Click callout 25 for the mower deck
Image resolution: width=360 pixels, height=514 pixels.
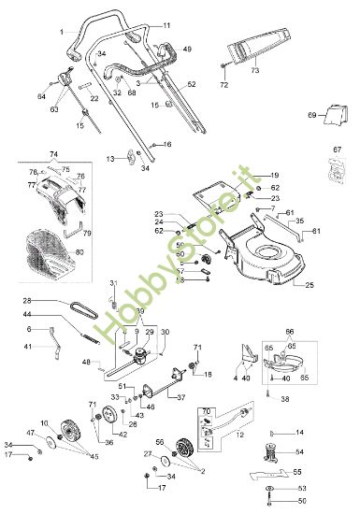point(310,284)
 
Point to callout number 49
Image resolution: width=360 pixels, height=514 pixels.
point(187,49)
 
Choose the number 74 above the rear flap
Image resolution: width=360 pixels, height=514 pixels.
point(53,153)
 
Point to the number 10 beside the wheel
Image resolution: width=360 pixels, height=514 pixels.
point(45,423)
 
